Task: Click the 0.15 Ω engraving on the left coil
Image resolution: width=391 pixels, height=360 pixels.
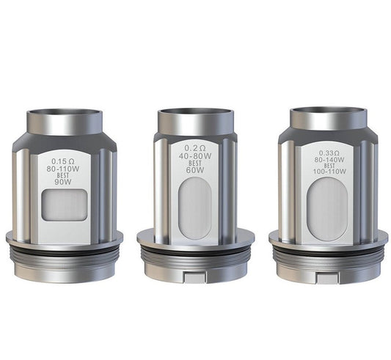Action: (x=62, y=161)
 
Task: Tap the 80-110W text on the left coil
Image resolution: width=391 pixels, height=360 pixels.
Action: (x=63, y=169)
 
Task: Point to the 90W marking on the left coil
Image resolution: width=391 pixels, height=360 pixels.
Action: (x=63, y=182)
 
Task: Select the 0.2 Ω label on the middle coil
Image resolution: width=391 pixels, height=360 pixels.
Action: (x=195, y=148)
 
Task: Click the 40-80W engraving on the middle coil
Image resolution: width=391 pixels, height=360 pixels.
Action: (x=195, y=156)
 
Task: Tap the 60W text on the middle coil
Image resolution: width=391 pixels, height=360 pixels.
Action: (x=195, y=170)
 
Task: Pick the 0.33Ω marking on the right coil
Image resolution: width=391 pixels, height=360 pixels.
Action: (x=329, y=153)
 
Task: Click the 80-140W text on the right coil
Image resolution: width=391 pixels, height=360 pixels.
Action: (x=329, y=159)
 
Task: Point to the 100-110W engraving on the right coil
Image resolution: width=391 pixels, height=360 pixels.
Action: (x=329, y=172)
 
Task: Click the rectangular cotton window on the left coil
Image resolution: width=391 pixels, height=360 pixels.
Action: (x=65, y=205)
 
